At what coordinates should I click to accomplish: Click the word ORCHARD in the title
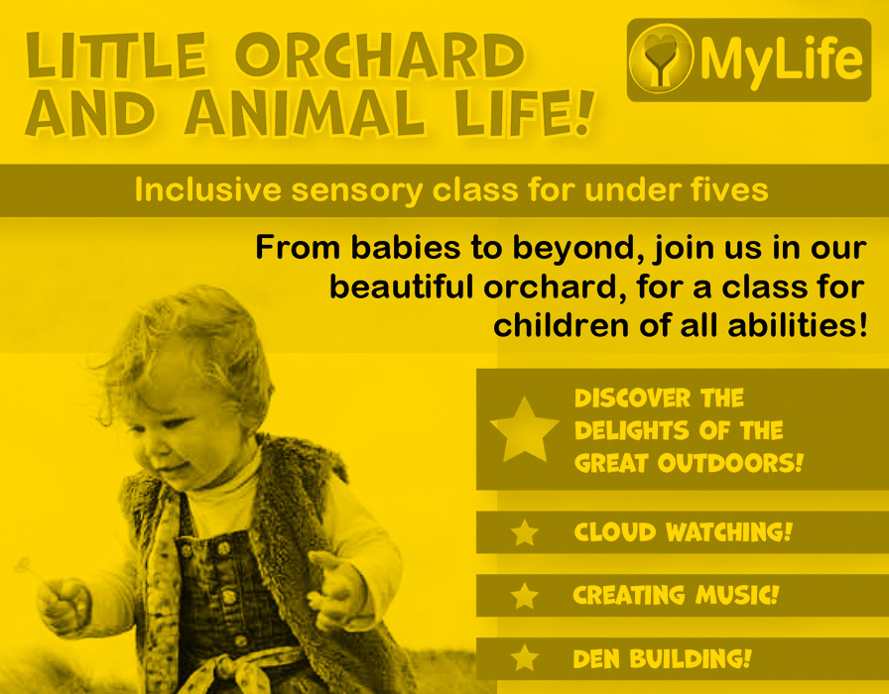point(380,56)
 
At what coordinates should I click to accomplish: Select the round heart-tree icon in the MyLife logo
point(662,58)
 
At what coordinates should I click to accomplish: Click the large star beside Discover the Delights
point(525,429)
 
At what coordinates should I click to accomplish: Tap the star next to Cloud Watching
point(525,532)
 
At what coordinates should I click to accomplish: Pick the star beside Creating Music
point(525,596)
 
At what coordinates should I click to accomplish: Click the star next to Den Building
point(525,658)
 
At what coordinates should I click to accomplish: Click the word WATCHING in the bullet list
point(728,532)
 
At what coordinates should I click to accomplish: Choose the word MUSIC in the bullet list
point(737,595)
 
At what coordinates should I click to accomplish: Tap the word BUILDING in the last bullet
point(690,658)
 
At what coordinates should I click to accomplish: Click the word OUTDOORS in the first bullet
point(730,463)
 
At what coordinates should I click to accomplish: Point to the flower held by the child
point(24,565)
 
